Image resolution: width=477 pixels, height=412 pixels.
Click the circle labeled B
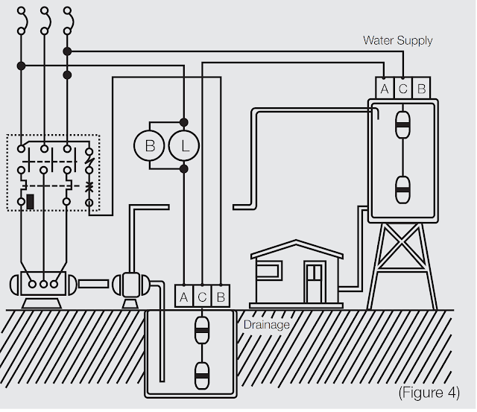coord(149,145)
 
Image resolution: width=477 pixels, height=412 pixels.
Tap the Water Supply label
coord(397,41)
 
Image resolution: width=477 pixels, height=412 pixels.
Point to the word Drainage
coord(267,325)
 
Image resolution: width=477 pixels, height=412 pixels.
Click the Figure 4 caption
coord(429,392)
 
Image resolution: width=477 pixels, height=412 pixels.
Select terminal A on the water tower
coord(385,88)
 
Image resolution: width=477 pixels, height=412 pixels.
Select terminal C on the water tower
coord(403,88)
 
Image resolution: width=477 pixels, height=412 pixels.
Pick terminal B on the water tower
coord(421,88)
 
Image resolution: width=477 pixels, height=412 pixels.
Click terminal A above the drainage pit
coord(184,297)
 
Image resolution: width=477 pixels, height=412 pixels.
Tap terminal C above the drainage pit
coord(202,297)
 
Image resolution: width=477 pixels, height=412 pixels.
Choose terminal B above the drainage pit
coord(221,297)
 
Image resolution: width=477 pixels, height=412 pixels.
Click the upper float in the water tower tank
coord(402,125)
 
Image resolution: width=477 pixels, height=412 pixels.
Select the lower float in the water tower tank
coord(402,190)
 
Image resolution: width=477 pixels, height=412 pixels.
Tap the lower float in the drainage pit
coord(202,375)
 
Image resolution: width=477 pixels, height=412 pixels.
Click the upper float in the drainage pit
coord(202,330)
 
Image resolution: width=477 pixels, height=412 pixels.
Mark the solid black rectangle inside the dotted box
coord(30,202)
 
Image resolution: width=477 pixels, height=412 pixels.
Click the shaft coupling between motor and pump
coord(93,284)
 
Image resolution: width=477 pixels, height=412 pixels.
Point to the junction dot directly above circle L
coord(184,122)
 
